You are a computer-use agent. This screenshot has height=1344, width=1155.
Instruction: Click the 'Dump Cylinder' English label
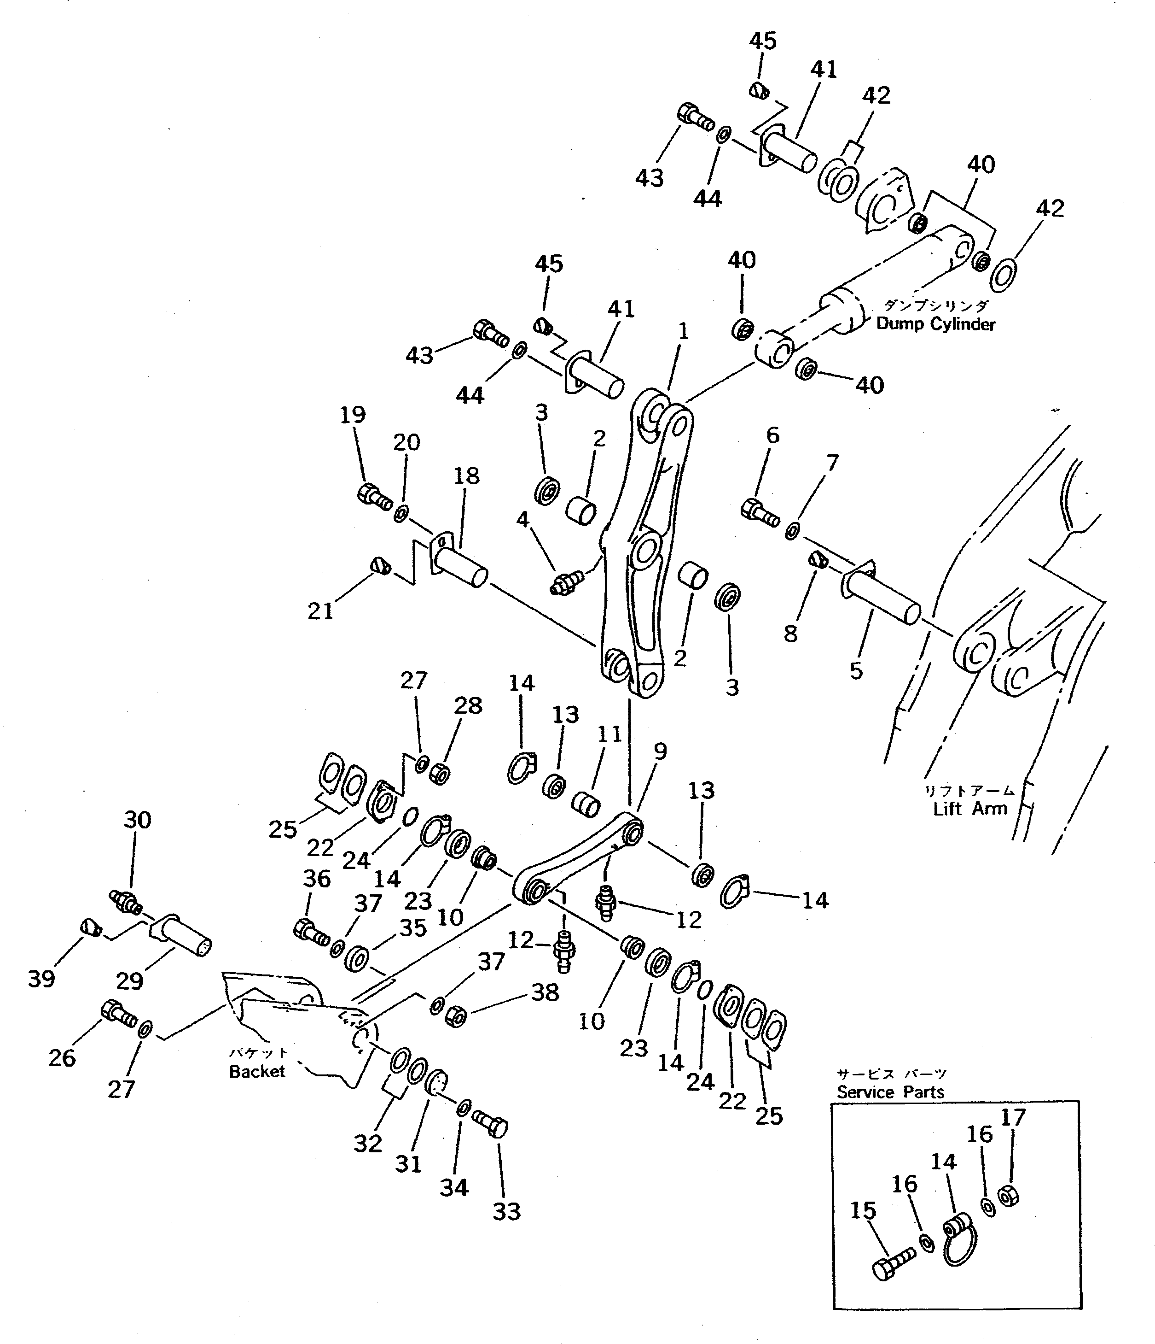coord(935,324)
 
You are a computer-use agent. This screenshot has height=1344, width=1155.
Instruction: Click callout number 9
coord(660,751)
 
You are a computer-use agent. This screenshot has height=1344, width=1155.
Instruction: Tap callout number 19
coord(353,415)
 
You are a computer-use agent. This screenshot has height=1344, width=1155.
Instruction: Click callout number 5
coord(856,671)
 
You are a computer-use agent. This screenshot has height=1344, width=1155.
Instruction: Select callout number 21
coord(320,610)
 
